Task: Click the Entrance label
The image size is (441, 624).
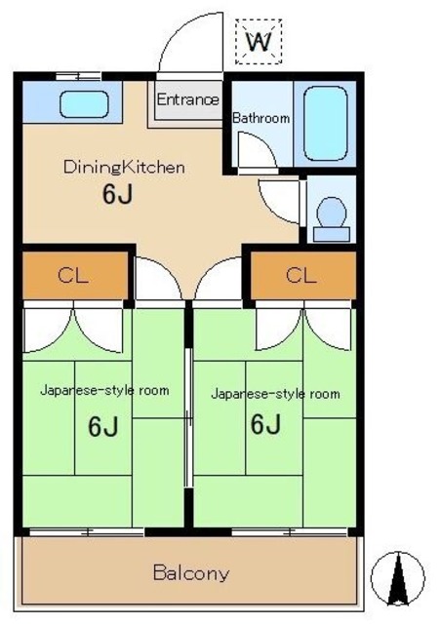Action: click(x=187, y=99)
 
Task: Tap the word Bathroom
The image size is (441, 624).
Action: click(x=261, y=118)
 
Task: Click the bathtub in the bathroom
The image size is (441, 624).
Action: click(x=325, y=124)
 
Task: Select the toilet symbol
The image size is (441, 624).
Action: click(x=332, y=219)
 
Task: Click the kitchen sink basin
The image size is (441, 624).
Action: click(x=84, y=104)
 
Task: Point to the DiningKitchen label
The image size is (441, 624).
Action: click(x=124, y=167)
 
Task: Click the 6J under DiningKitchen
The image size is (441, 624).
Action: click(x=117, y=194)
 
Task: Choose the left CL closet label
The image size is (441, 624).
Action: click(x=73, y=275)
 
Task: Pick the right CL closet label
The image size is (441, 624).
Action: click(x=301, y=275)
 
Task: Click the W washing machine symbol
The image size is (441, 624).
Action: click(x=259, y=41)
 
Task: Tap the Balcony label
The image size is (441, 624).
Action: click(x=191, y=573)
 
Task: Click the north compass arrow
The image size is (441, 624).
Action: click(x=397, y=578)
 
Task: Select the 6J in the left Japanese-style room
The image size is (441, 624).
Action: click(x=102, y=426)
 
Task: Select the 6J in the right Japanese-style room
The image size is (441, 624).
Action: click(x=265, y=424)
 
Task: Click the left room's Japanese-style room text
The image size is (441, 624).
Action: click(x=104, y=390)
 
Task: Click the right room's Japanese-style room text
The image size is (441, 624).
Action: click(x=275, y=394)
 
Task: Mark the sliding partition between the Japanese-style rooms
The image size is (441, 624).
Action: click(x=189, y=418)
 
